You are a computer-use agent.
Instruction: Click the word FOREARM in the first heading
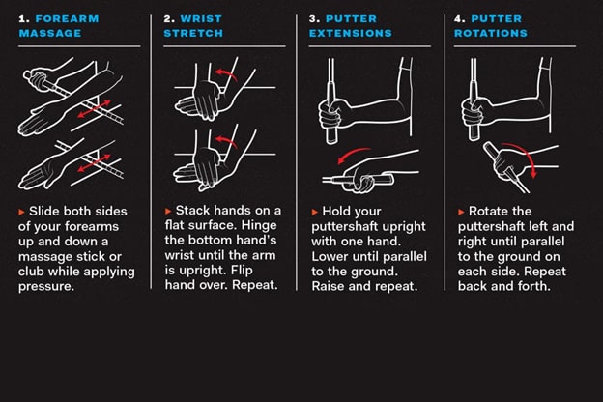coord(67,19)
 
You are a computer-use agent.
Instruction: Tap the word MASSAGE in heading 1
coord(50,33)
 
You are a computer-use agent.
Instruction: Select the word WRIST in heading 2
coord(201,19)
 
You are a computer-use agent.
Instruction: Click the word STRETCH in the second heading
coord(193,33)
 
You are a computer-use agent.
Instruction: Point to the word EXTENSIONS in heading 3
coord(351,33)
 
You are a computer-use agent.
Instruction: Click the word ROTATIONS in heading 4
coord(491,33)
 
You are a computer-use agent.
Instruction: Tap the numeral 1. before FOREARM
coord(24,19)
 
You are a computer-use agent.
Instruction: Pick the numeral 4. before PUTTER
coord(460,19)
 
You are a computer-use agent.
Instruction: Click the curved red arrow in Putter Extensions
coord(352,152)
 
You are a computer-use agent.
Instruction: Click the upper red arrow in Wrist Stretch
coord(226,73)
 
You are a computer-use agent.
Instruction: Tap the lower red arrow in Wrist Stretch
coord(226,141)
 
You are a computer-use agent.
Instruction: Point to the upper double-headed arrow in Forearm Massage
coord(95,109)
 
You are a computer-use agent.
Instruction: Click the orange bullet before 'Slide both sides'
coord(21,212)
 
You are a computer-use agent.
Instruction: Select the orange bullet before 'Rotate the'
coord(461,212)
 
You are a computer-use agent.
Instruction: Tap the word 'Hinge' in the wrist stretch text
coord(259,225)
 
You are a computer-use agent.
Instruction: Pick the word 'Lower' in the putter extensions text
coord(330,257)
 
